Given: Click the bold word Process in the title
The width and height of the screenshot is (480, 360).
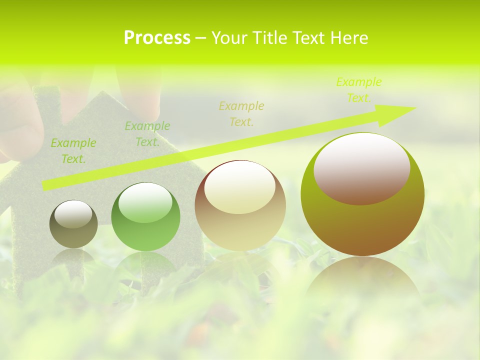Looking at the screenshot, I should pyautogui.click(x=157, y=37).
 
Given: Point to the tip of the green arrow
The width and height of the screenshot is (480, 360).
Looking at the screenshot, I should pyautogui.click(x=414, y=107).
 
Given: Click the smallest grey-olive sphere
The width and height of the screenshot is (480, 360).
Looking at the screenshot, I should pyautogui.click(x=73, y=224).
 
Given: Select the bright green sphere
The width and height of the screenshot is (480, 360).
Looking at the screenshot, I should pyautogui.click(x=145, y=217).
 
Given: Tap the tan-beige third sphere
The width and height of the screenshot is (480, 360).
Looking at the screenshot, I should pyautogui.click(x=240, y=205).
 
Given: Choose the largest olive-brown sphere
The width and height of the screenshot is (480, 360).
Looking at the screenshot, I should pyautogui.click(x=362, y=194).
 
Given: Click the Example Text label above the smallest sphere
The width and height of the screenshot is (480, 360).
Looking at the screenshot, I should pyautogui.click(x=73, y=151).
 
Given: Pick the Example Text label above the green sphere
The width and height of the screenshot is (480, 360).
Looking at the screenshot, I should pyautogui.click(x=147, y=134).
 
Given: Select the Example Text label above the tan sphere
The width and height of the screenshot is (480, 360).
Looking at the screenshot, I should pyautogui.click(x=241, y=113).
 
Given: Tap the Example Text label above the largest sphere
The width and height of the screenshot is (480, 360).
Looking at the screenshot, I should pyautogui.click(x=358, y=90).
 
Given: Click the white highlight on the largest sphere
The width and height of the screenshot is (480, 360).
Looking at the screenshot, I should pyautogui.click(x=362, y=167).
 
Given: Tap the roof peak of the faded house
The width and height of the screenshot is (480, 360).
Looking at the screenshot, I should pyautogui.click(x=101, y=92).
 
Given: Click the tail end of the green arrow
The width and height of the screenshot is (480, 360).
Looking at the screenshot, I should pyautogui.click(x=45, y=185).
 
